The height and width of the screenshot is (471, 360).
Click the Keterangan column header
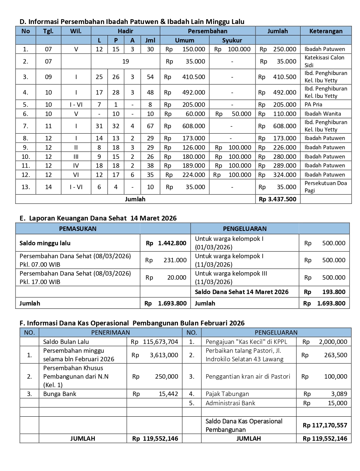(x=326, y=31)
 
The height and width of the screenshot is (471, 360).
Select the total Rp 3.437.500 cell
(x=278, y=199)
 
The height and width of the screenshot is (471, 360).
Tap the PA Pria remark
(x=313, y=105)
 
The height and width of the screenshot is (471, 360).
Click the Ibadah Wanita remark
(x=322, y=114)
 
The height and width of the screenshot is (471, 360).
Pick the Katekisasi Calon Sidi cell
(x=324, y=61)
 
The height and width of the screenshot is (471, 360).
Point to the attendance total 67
(x=150, y=126)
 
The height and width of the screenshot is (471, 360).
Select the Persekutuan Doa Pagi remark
(x=325, y=187)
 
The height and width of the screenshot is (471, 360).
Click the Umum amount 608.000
(x=193, y=126)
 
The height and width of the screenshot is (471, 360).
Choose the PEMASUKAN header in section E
(x=78, y=229)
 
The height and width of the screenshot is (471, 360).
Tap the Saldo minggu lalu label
(x=45, y=243)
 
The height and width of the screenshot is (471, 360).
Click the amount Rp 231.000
(x=166, y=260)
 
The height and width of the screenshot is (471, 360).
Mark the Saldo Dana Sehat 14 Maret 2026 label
(x=241, y=292)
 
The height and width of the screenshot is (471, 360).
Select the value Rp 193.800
(x=325, y=292)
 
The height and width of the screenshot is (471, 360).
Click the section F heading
(x=132, y=323)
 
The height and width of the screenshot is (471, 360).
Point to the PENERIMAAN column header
(x=110, y=332)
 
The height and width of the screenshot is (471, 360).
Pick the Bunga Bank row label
(x=59, y=394)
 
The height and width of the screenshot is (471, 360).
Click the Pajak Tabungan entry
(x=227, y=394)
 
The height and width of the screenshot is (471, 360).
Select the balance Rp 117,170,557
(x=325, y=425)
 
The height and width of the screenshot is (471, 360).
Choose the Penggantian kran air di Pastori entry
(x=248, y=376)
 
